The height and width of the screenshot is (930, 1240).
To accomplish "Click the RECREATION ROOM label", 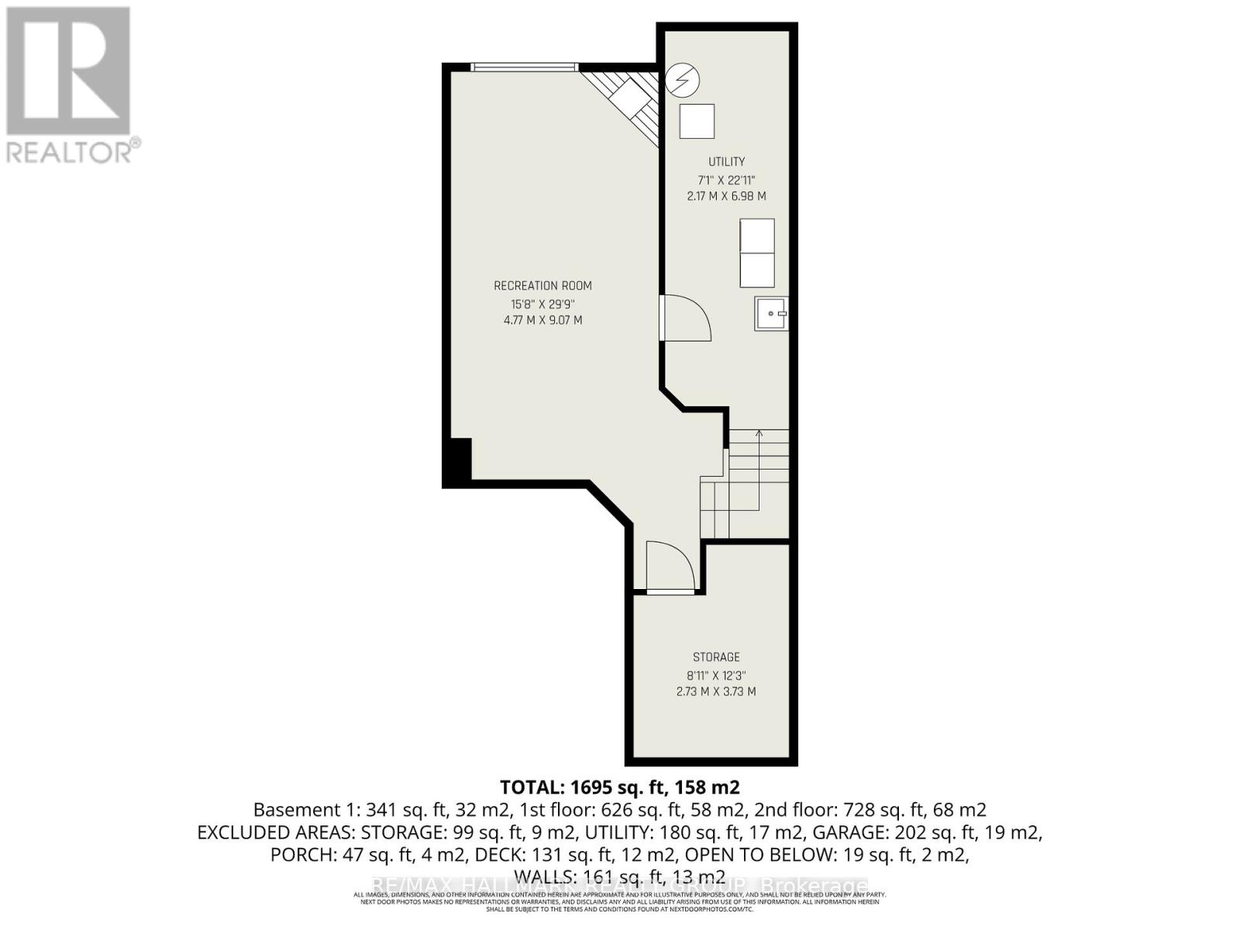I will point(542,285).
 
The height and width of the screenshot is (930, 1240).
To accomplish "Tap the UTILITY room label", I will point(726,161).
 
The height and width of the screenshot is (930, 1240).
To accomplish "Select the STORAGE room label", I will point(716,656).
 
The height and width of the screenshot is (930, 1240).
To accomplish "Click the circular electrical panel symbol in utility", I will point(684,78).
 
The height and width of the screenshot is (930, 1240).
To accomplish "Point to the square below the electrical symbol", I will point(697,122).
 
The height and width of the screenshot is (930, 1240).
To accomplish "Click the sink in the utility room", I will point(770,314).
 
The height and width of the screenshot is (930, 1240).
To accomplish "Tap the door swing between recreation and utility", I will point(686,318).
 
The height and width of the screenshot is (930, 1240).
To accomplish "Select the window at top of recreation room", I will point(525,67).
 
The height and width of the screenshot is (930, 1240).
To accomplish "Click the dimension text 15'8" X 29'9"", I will point(542,304).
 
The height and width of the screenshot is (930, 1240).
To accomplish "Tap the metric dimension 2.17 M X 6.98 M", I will point(726,196).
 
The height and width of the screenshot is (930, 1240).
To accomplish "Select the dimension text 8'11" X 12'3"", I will point(716,675).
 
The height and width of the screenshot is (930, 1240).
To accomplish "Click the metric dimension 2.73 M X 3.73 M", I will point(716,691).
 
